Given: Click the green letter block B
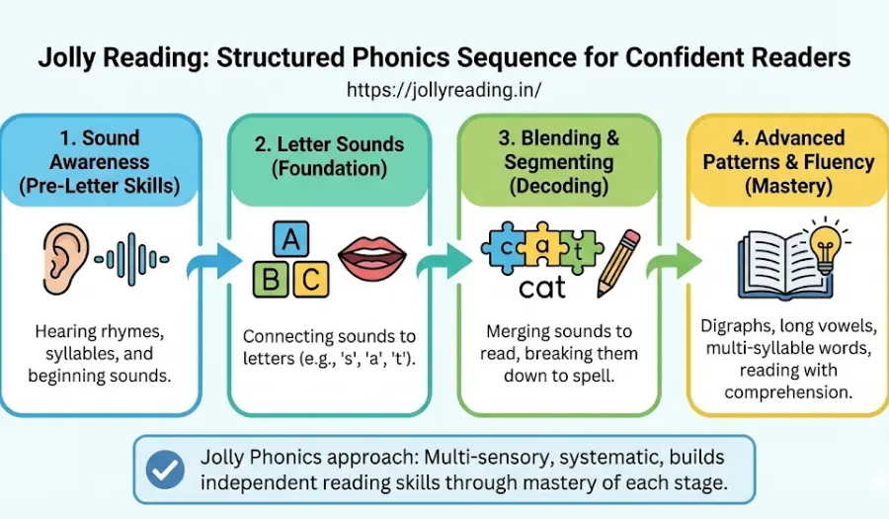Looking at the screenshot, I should (271, 279).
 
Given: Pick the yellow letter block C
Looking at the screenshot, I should (310, 279).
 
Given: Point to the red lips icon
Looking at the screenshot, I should (372, 260).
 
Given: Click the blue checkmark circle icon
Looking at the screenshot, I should (164, 471).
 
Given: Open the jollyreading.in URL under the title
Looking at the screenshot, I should (444, 90).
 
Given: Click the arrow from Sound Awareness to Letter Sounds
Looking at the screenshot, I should (218, 262).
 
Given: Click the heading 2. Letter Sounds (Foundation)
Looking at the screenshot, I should (329, 156).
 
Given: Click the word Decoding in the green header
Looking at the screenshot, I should (558, 185).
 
